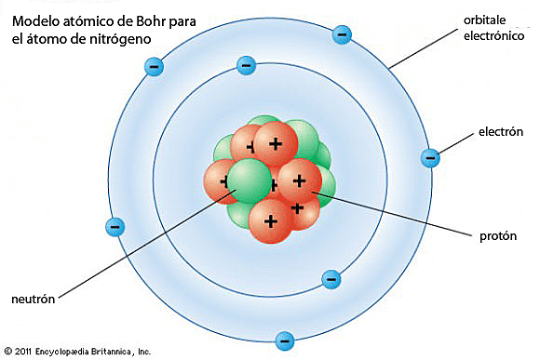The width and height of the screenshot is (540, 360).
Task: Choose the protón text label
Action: [493, 236]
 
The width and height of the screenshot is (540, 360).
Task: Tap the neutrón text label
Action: [34, 300]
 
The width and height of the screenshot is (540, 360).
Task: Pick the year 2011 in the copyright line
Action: [23, 352]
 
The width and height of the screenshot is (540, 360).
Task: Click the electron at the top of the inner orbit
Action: [247, 65]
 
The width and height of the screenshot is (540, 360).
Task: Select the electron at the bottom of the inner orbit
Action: [330, 278]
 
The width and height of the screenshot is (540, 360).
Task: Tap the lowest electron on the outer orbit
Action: [286, 340]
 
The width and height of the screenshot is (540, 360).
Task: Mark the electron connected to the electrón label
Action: [430, 158]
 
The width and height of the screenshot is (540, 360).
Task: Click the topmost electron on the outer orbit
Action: [343, 35]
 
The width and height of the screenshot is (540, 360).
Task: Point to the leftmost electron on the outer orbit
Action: [115, 226]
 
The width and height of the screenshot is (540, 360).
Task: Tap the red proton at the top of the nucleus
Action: [275, 141]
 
